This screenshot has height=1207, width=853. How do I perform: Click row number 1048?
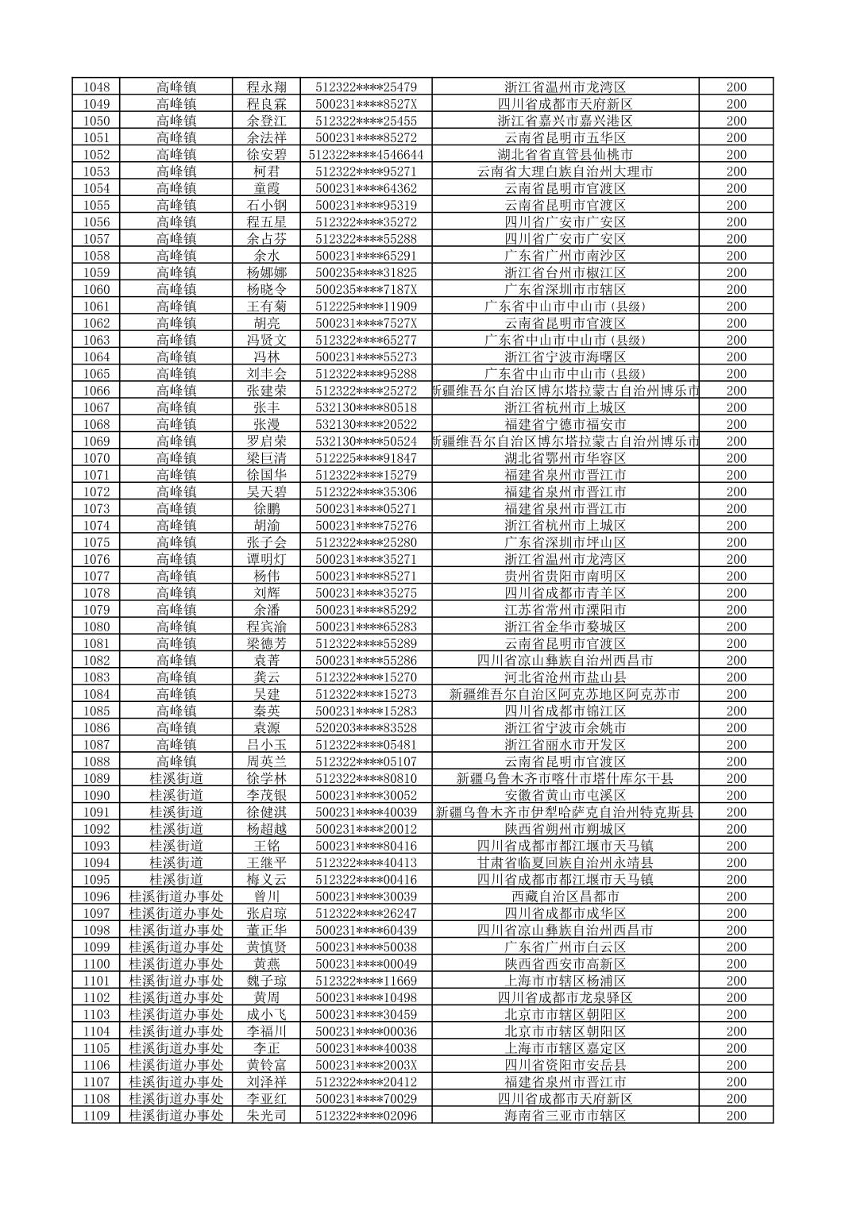click(x=96, y=87)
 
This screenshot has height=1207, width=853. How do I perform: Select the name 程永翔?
click(x=266, y=87)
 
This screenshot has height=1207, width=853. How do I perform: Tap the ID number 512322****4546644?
click(x=366, y=154)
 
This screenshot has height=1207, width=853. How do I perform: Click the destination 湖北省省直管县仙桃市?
click(x=565, y=154)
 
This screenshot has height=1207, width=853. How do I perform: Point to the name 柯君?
click(x=266, y=171)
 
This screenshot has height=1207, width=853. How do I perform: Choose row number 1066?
click(x=96, y=390)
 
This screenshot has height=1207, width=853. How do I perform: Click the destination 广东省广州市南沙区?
click(x=565, y=255)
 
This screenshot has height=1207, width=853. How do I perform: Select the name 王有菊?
click(x=266, y=306)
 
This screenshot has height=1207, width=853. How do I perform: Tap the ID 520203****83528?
click(x=366, y=727)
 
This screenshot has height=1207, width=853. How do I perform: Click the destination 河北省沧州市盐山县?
click(x=565, y=677)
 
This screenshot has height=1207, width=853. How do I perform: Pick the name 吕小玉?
click(x=266, y=744)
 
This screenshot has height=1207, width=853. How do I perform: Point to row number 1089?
click(x=96, y=778)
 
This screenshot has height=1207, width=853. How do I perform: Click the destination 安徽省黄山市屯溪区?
click(x=565, y=795)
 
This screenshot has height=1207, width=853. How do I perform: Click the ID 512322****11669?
click(x=366, y=981)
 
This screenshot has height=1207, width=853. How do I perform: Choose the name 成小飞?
click(x=266, y=1014)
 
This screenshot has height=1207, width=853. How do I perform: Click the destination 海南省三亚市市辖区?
click(x=565, y=1116)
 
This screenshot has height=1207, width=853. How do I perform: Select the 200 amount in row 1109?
click(x=736, y=1116)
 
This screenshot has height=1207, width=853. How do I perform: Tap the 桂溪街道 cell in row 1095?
click(x=176, y=879)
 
